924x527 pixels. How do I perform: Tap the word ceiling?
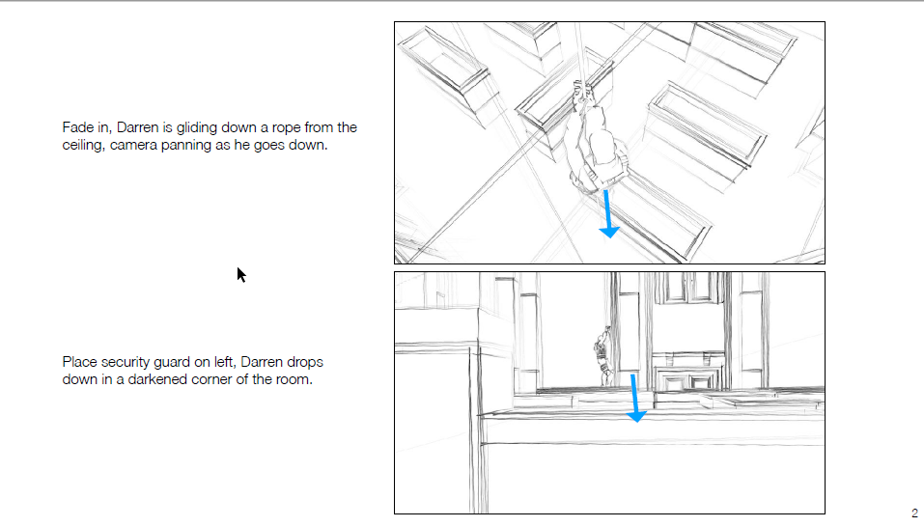[84, 145]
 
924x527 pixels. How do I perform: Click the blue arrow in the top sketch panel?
[608, 214]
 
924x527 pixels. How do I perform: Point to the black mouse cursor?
[241, 275]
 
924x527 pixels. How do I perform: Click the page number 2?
[913, 513]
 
